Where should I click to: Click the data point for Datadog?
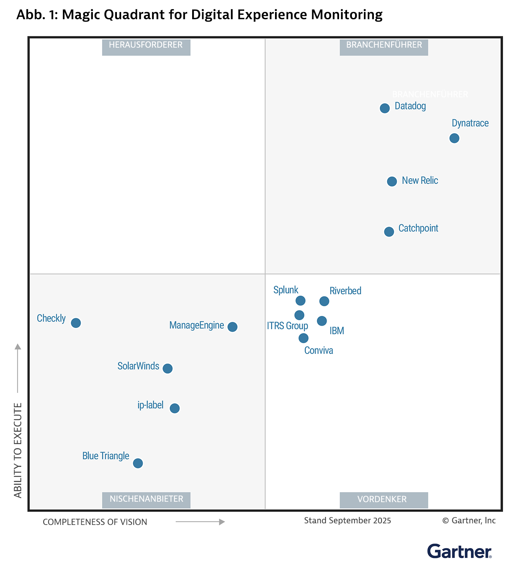point(385,108)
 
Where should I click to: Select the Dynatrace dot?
point(454,138)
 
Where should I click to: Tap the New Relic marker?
point(392,181)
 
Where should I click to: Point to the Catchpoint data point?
point(389,231)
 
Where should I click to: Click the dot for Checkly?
point(76,323)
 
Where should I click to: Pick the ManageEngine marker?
point(233,327)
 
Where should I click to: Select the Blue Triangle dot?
point(138,463)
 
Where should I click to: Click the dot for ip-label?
point(175,408)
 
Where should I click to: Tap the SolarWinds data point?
point(168,368)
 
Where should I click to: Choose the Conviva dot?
point(303,338)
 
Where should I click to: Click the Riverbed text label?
point(345,291)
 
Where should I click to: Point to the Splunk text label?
point(286,290)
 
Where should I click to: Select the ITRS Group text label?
point(287,326)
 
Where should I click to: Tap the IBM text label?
point(337,331)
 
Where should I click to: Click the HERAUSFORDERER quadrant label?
point(146,45)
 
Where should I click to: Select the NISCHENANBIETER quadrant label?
point(146,499)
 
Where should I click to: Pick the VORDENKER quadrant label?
point(383,499)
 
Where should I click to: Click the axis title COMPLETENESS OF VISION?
point(95,522)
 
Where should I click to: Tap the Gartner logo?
point(459,551)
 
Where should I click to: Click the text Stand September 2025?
point(347,521)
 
